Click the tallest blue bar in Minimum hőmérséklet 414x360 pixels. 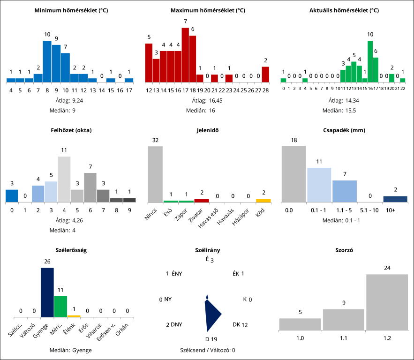coord(47,61)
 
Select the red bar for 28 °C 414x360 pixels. coord(265,74)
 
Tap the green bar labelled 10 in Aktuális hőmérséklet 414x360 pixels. coord(370,61)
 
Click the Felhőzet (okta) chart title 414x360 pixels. coord(71,130)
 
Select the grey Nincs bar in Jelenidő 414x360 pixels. coord(155,174)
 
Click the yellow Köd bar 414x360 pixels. coord(263,201)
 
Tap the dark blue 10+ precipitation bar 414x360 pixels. coord(395,199)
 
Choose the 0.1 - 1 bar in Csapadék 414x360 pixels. coord(319,185)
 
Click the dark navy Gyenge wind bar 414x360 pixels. coord(47,292)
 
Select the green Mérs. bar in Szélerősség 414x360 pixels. coord(60,307)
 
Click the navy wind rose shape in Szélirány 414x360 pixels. coord(211,315)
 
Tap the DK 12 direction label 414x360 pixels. coord(240,324)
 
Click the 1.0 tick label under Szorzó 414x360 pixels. coord(300,337)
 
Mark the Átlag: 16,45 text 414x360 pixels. coord(207,100)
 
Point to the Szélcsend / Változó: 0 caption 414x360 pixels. coord(207,350)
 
